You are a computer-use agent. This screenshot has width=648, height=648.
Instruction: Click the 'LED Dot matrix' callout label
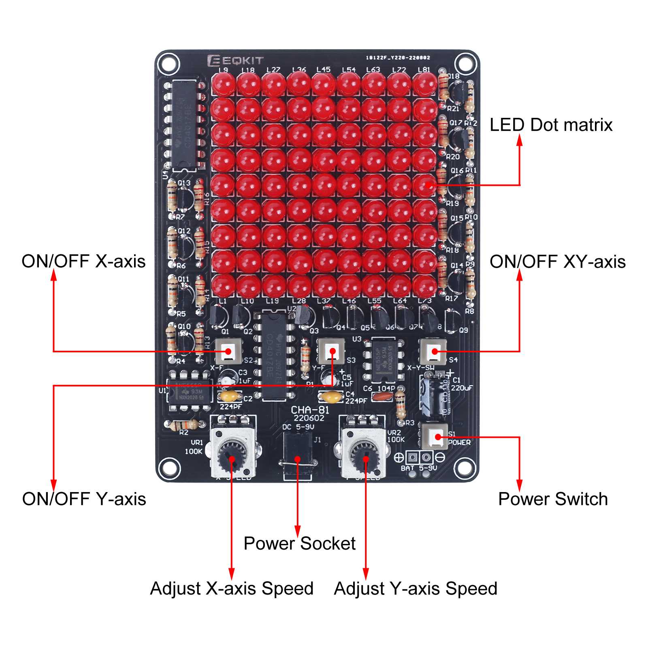(551, 125)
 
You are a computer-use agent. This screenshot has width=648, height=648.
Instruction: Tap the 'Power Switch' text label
(553, 499)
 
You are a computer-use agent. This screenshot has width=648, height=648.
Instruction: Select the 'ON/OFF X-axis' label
(83, 261)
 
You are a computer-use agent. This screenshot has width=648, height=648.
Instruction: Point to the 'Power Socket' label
(299, 544)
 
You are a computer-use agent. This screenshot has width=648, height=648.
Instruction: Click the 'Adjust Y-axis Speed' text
(416, 588)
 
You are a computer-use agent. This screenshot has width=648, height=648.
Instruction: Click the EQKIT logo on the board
(235, 61)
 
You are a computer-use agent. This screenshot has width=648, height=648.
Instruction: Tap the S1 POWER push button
(435, 437)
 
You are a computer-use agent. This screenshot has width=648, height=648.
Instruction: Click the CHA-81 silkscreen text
(310, 410)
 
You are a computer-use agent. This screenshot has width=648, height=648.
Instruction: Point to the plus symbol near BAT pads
(399, 457)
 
